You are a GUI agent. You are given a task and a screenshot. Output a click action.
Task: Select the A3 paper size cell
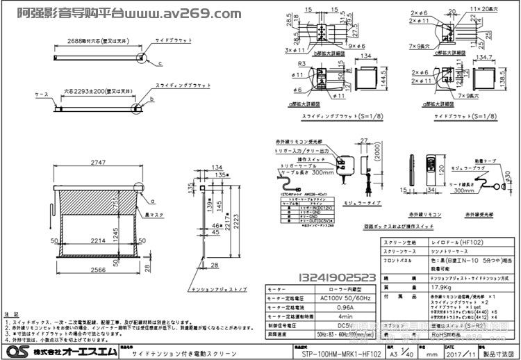[404, 352]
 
